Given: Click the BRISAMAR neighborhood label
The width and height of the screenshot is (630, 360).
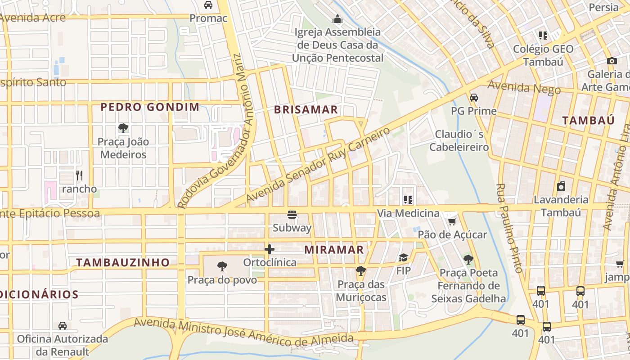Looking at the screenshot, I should coord(306,109).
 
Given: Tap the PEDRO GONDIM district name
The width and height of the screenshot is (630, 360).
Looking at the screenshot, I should coord(150,107).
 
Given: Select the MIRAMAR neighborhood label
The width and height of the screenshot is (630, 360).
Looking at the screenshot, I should coord(334,250).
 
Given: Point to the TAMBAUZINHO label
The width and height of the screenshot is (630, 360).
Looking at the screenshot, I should coord(123,262).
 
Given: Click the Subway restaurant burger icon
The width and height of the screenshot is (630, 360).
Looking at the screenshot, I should coord(292,215).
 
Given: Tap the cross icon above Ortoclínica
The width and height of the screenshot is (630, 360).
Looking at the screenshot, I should coord(270,249).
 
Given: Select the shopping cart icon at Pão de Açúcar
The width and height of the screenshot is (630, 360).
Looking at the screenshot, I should coord(452,221).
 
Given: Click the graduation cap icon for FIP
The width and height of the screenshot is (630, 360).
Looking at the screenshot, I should coord(403,258).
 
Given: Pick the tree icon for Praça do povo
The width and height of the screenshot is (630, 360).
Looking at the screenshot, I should coord(222,266).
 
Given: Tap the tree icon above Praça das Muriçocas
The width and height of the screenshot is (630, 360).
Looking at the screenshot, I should coord(360,271).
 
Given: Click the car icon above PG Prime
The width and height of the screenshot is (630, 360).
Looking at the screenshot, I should coord(473,98).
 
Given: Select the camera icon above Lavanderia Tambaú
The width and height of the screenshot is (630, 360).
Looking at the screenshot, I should coord(561,186).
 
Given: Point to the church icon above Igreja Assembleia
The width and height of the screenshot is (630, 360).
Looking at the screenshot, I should coord(337,19).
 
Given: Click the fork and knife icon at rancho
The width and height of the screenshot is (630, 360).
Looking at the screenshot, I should coord(79,175).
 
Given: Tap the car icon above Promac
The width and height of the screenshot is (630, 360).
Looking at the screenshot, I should coord(208,5).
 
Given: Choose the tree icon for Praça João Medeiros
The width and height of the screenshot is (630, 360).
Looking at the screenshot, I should coord(123,128).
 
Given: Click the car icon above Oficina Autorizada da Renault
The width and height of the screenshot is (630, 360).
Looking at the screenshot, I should coord(63,325).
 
